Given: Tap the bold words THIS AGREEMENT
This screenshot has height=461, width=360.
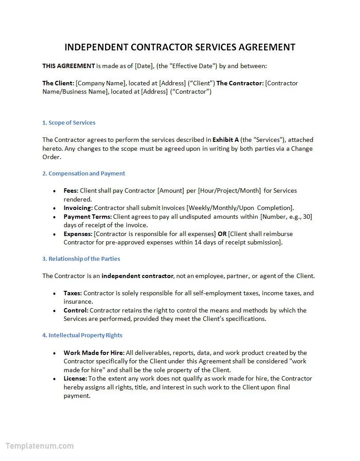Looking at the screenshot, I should (x=68, y=66).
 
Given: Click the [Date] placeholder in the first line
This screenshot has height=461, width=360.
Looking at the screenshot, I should (x=143, y=66).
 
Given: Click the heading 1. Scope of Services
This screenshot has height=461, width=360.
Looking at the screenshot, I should (x=69, y=122).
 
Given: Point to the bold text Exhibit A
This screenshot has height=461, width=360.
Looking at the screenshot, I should (x=226, y=140).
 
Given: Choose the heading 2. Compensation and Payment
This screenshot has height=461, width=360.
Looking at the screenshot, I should (x=83, y=173).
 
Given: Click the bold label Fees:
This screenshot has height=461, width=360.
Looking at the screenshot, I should (x=71, y=190).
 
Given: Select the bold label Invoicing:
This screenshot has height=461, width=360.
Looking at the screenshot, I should (x=78, y=208).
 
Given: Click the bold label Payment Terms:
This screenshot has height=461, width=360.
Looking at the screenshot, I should (x=87, y=217).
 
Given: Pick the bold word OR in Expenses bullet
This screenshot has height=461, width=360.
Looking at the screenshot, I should (x=222, y=234).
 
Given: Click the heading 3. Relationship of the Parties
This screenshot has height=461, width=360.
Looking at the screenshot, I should (x=81, y=259).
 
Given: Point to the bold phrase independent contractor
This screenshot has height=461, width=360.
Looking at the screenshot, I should (x=137, y=276).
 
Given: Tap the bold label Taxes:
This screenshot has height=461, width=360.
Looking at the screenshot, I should (x=72, y=293).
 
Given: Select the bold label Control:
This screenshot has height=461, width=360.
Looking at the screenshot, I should (x=76, y=310).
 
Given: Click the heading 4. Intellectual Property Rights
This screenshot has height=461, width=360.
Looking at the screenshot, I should (x=82, y=335).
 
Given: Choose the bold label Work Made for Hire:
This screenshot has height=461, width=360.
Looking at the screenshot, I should (x=94, y=353).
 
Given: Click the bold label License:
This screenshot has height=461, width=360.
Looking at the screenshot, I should (x=75, y=378).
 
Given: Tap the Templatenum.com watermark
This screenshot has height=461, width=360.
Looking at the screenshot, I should (x=40, y=446).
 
